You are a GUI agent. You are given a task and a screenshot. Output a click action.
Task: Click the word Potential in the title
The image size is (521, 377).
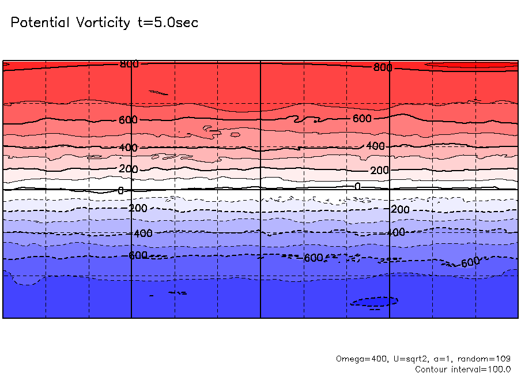(x=39, y=23)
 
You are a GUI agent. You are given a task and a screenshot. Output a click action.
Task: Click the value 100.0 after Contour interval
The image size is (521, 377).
(x=500, y=369)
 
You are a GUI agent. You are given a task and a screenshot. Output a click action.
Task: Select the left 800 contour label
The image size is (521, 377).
(x=129, y=64)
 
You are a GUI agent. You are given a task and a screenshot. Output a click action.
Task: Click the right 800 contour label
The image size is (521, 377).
(x=383, y=67)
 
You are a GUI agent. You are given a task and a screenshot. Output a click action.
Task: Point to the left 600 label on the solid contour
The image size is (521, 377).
(x=128, y=120)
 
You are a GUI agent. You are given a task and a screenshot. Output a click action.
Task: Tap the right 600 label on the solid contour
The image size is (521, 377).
(x=362, y=119)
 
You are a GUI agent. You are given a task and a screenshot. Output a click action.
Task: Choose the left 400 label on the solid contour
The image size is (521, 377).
(x=128, y=148)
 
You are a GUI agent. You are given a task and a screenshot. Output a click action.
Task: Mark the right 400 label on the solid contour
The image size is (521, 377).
(x=375, y=146)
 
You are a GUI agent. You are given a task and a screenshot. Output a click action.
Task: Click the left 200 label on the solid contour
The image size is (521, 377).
(x=128, y=169)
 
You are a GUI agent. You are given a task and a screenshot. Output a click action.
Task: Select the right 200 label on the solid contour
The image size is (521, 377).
(x=379, y=171)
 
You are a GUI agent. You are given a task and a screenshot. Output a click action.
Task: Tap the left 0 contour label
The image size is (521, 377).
(x=120, y=190)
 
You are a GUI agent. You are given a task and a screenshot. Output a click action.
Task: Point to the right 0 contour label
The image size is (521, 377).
(x=357, y=187)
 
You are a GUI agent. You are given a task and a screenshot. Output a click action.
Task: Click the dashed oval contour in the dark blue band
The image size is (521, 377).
(x=375, y=301)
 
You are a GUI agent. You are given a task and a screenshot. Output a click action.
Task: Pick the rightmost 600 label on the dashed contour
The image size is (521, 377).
(x=470, y=262)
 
